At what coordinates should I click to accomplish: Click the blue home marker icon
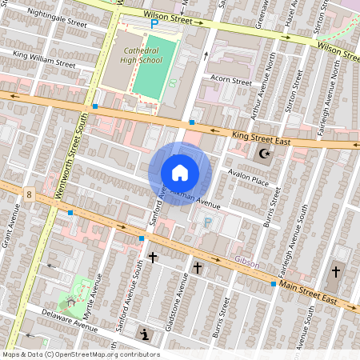point(180,172)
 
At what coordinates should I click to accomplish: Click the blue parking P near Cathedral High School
point(154,24)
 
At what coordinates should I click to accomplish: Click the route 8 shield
point(28,194)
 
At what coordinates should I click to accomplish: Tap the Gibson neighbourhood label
point(247,261)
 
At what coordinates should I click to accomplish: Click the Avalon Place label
point(248,181)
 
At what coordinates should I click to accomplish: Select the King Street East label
point(260,138)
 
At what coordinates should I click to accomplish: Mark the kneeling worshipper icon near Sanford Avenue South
point(144,334)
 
